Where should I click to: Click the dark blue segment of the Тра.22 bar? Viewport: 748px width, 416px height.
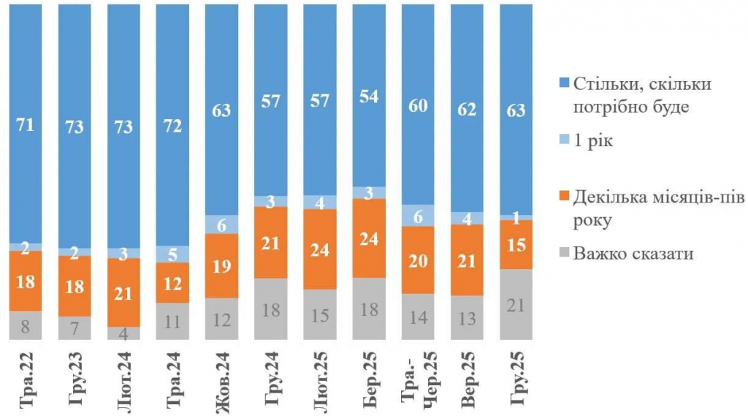click(26, 124)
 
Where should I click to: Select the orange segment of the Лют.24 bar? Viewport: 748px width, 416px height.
click(123, 292)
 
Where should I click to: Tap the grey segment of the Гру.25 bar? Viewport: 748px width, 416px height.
click(516, 304)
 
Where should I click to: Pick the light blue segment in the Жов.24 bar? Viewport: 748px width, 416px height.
click(222, 224)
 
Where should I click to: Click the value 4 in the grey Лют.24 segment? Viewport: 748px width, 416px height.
click(123, 333)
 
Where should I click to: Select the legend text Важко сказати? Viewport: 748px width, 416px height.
click(633, 254)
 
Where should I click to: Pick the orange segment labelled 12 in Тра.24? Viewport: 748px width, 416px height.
click(172, 282)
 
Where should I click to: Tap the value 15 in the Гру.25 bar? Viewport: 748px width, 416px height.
click(516, 244)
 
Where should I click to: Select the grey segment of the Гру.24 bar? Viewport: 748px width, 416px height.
click(271, 309)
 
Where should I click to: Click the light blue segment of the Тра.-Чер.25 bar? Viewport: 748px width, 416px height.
click(418, 215)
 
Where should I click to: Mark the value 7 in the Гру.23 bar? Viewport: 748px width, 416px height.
click(75, 328)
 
